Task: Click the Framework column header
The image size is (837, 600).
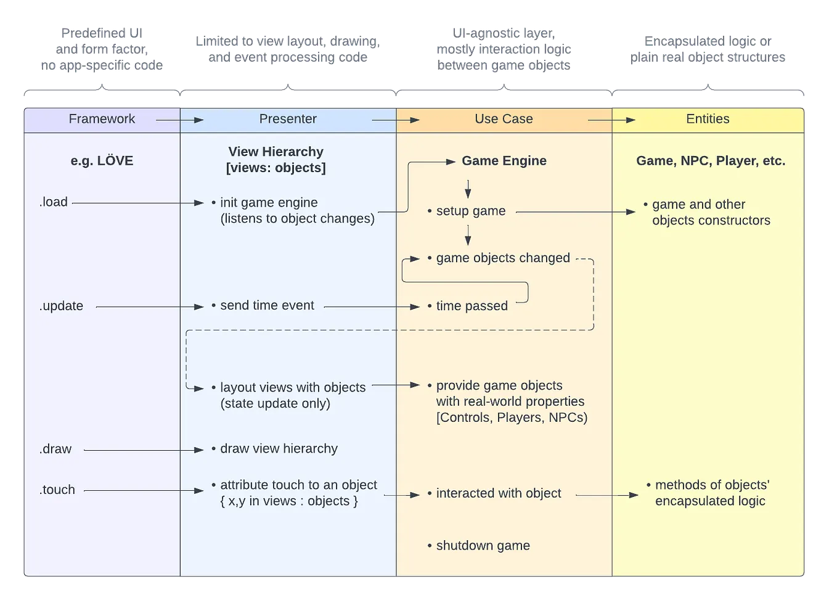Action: (102, 119)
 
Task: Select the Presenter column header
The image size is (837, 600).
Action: (288, 119)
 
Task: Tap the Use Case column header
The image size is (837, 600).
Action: (504, 119)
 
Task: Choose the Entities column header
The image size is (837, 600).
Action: (708, 119)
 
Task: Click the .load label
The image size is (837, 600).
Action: (54, 202)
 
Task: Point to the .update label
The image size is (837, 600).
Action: (61, 306)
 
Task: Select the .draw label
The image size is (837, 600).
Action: (55, 449)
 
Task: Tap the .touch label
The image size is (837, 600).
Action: (57, 490)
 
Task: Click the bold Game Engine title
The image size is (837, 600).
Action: (504, 161)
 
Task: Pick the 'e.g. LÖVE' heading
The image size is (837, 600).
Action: (102, 161)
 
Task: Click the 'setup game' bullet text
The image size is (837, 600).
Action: (470, 211)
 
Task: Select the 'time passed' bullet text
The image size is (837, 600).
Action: (472, 306)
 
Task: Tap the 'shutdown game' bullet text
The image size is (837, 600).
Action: (483, 546)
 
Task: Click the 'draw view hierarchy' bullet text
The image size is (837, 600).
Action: (279, 449)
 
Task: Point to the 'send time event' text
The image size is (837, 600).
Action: (267, 306)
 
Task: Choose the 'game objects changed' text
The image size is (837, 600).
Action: (503, 258)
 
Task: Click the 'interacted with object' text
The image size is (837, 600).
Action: (498, 493)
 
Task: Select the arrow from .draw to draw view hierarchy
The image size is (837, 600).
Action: (143, 450)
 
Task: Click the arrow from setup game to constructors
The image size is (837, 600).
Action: (575, 212)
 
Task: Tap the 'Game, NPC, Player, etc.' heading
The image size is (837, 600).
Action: (711, 161)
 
